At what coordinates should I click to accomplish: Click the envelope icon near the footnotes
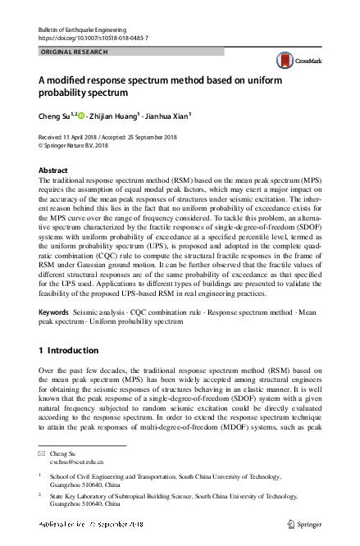43,453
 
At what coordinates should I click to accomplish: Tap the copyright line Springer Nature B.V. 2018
84,145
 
